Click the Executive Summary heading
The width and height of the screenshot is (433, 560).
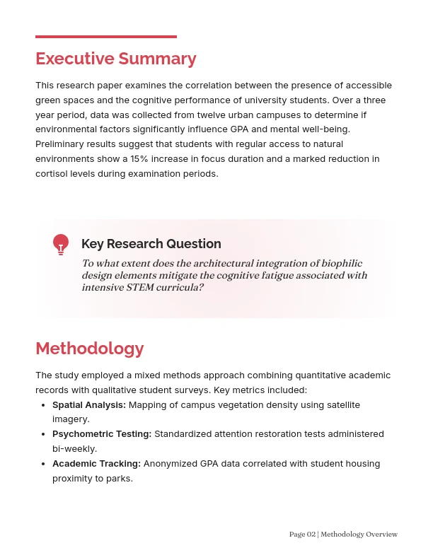116,59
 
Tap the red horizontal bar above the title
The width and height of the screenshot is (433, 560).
106,37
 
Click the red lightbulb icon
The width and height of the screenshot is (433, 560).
61,244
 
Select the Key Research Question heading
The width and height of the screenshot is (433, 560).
151,244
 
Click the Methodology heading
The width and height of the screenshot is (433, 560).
90,349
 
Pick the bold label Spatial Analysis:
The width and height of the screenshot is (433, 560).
89,405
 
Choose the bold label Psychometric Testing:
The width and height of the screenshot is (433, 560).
102,434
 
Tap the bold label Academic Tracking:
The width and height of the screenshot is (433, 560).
96,464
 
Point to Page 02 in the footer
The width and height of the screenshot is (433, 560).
302,535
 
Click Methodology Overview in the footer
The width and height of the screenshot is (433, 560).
359,535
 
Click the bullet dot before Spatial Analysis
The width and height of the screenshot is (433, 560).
44,405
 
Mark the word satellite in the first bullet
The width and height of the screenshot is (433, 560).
340,405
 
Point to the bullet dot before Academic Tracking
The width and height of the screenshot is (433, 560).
44,464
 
